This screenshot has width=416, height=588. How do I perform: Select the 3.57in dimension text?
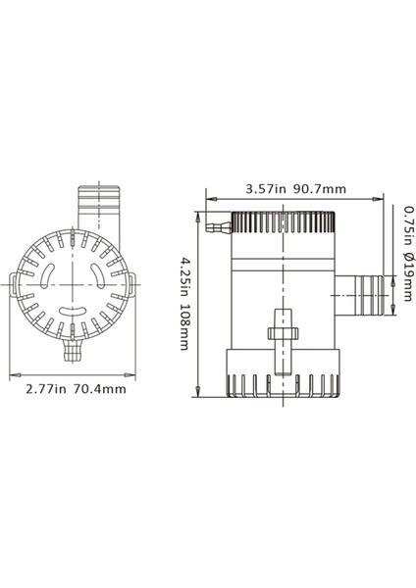(x=264, y=188)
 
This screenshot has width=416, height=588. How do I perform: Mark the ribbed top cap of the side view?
(x=283, y=223)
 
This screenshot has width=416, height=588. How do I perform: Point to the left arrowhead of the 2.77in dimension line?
(x=13, y=374)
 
